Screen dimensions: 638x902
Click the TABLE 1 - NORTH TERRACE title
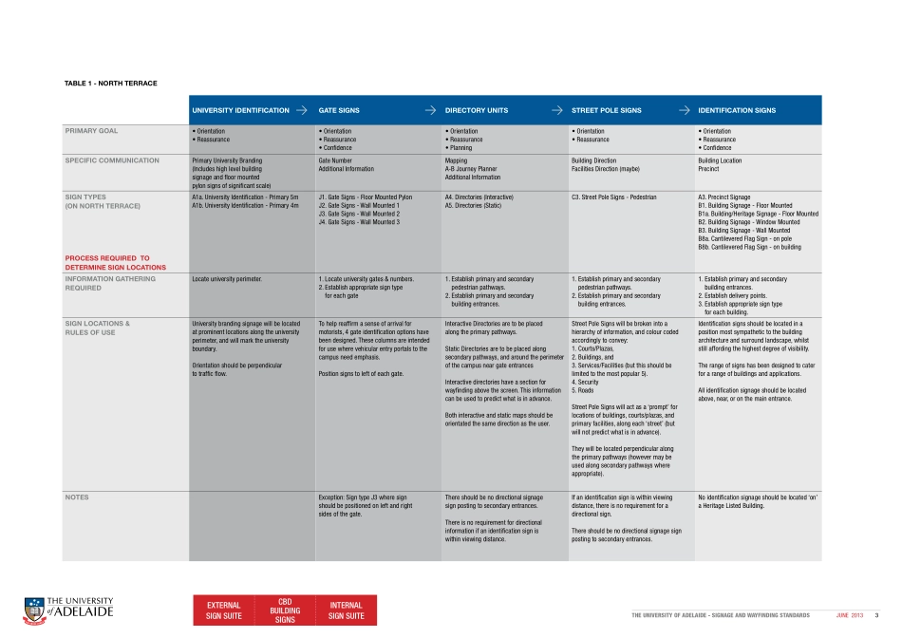109,84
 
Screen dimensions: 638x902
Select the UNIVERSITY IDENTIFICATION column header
240,110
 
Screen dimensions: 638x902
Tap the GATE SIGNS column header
339,110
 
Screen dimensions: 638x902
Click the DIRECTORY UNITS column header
476,110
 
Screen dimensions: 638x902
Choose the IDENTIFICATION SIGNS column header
736,110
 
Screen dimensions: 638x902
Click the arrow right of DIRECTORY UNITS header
557,110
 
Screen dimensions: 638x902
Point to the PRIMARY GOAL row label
91,131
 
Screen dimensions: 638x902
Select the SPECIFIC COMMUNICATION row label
111,160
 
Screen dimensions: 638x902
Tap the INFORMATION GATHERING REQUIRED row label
110,283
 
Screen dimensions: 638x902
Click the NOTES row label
76,497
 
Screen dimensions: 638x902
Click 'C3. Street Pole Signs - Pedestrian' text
613,197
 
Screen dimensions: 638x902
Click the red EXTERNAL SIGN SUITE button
224,610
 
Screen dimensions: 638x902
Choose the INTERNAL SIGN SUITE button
347,610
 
